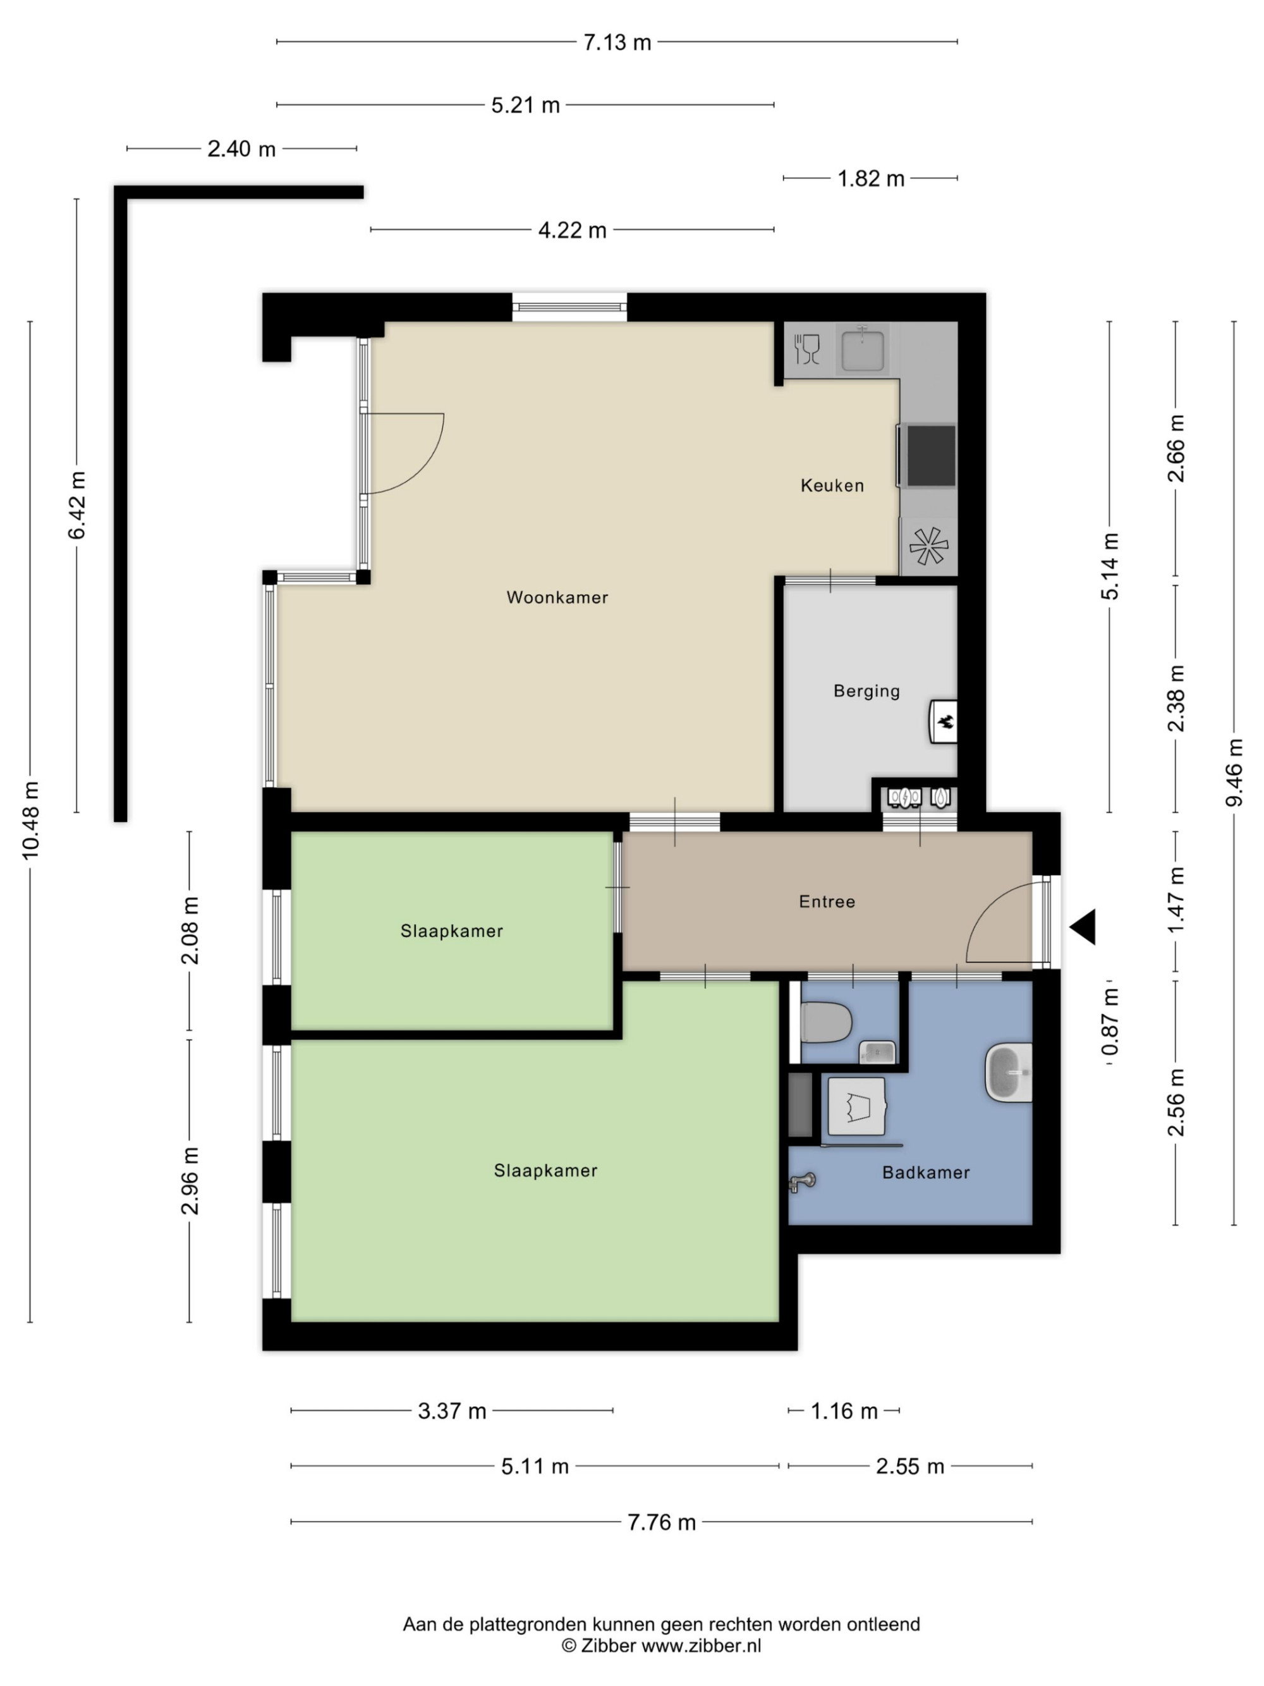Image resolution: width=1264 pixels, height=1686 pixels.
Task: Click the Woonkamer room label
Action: click(x=557, y=597)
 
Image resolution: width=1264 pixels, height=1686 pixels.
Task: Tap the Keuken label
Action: click(x=832, y=486)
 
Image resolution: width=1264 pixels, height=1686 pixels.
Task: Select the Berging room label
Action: click(x=866, y=692)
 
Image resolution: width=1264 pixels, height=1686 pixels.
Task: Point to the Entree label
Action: click(x=827, y=901)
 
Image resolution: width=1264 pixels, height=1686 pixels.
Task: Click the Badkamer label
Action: click(x=926, y=1172)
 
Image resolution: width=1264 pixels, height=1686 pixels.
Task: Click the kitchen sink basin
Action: click(x=863, y=350)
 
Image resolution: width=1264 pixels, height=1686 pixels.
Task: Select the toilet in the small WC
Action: click(x=826, y=1022)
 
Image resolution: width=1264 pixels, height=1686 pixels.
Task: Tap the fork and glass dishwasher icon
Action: click(x=807, y=349)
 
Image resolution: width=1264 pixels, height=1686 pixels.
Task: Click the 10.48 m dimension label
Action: click(x=30, y=821)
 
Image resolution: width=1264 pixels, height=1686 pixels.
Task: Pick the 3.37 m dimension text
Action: click(x=452, y=1411)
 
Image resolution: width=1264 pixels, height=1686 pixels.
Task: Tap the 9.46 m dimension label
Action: click(x=1234, y=772)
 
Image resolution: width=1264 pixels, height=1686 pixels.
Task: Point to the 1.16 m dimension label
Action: click(x=844, y=1411)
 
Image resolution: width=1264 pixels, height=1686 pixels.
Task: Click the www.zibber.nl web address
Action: click(x=701, y=1645)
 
